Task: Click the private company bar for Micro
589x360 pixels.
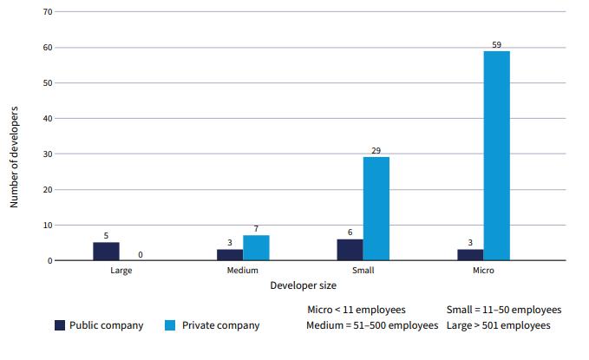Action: [x=496, y=156]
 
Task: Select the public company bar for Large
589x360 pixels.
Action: [x=106, y=252]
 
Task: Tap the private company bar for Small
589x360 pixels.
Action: [x=376, y=209]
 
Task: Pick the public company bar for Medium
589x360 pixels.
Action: [x=229, y=255]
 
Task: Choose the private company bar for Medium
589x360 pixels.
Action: [x=256, y=248]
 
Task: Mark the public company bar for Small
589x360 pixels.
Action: [x=350, y=250]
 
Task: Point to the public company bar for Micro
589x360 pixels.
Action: [x=470, y=255]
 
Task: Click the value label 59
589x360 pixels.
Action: [x=496, y=43]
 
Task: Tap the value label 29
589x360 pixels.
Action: [x=376, y=150]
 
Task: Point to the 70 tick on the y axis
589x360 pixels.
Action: [x=48, y=12]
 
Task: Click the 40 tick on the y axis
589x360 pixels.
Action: [x=48, y=118]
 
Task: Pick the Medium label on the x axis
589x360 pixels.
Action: [x=242, y=271]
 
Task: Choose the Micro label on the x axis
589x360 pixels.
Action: [x=484, y=271]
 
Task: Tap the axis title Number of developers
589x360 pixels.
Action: [x=15, y=157]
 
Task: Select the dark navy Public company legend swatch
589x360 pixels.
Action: [x=60, y=325]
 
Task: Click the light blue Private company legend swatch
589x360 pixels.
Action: [x=170, y=325]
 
